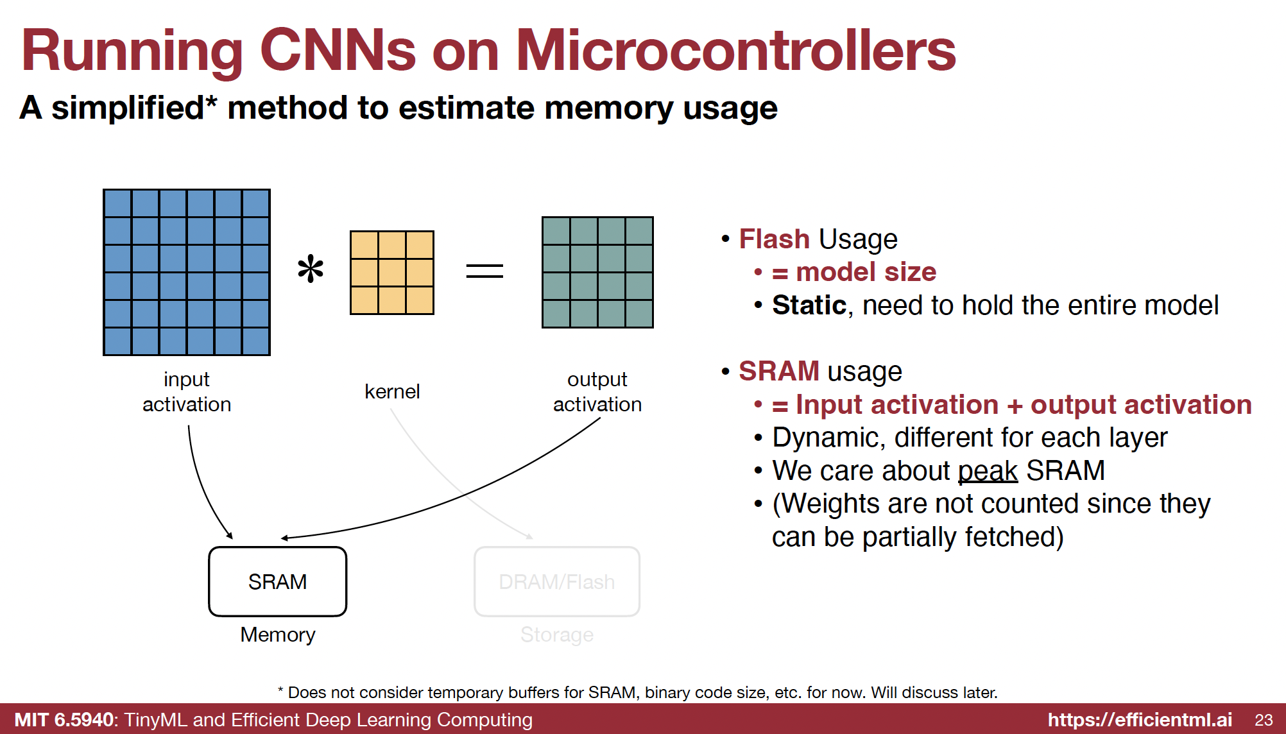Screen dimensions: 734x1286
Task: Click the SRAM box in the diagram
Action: [277, 581]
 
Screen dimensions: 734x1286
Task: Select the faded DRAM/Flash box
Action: [556, 581]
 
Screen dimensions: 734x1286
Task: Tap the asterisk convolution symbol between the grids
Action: [311, 269]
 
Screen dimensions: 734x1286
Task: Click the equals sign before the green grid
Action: [484, 271]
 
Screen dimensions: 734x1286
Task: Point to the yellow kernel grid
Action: [391, 272]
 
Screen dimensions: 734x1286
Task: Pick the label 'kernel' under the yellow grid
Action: [392, 391]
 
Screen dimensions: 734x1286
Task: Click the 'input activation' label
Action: [187, 391]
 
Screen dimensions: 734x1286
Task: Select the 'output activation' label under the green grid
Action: [597, 391]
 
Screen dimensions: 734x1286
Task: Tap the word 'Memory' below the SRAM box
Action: [278, 635]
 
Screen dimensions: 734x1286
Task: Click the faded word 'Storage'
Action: [556, 635]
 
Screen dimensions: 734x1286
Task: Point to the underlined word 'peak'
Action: [988, 472]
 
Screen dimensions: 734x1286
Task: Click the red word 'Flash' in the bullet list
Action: [774, 239]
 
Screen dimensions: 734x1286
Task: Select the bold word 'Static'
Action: [809, 305]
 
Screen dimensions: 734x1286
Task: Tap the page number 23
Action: [1264, 720]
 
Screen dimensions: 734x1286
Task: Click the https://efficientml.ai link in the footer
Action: [1140, 720]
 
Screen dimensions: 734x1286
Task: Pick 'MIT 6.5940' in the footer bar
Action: [64, 720]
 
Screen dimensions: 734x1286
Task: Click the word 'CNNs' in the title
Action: [338, 51]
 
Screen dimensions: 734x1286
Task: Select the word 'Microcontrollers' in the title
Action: [735, 51]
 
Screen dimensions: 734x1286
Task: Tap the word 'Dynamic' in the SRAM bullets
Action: [828, 438]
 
